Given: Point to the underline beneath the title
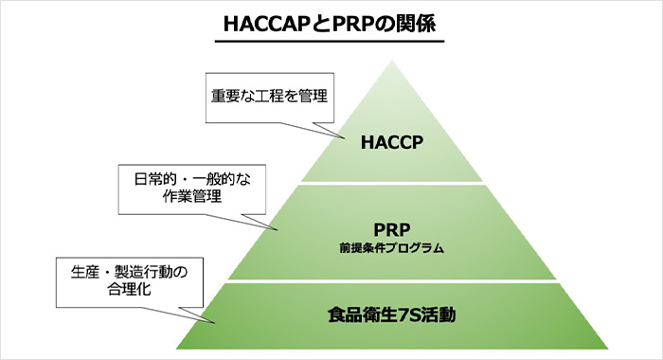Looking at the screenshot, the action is [330, 42].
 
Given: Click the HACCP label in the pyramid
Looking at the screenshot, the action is [391, 142].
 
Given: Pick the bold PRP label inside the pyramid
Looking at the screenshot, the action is [391, 230].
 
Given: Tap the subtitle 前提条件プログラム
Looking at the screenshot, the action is [391, 248].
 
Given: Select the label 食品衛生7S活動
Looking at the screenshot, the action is [391, 315].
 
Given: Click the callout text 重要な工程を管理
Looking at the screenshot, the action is [269, 96].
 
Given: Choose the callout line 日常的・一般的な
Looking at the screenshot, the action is [192, 179].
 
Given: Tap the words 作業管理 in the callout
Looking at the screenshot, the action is [192, 196].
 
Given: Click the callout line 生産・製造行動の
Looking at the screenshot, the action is [130, 272].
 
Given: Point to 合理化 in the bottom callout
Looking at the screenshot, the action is [130, 289].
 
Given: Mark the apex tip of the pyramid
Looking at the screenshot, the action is [392, 61].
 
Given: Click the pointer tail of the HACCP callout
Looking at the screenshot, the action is [344, 138].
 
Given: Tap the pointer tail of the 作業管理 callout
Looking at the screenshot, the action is [277, 229].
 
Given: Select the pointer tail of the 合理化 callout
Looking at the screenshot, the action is [215, 323].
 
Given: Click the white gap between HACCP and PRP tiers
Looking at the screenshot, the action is [392, 183].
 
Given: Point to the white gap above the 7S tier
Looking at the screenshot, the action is [392, 281].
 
